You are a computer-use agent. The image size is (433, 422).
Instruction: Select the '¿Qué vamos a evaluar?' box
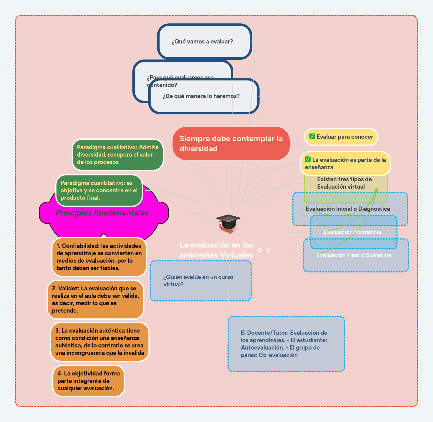click(x=205, y=42)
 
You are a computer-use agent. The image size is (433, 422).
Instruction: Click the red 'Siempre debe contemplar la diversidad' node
click(x=231, y=144)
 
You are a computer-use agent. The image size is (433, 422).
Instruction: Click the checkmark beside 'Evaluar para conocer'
click(x=312, y=136)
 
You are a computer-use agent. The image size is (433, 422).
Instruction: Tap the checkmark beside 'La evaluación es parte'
click(x=308, y=159)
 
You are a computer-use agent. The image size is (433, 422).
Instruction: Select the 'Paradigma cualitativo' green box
click(x=118, y=155)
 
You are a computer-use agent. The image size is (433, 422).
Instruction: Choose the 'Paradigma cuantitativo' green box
click(x=99, y=191)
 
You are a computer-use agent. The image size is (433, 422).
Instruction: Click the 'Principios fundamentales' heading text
click(x=102, y=213)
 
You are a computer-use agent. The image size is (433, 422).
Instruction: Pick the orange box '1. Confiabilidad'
click(x=99, y=257)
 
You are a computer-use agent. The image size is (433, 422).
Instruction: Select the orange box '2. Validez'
click(x=95, y=300)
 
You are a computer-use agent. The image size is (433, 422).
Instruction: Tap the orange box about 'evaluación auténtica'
click(x=100, y=342)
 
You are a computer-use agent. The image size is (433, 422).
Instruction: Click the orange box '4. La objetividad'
click(x=89, y=381)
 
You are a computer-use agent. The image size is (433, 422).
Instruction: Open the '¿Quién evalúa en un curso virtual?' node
click(x=201, y=281)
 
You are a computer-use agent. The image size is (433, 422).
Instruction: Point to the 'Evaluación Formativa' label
click(x=352, y=232)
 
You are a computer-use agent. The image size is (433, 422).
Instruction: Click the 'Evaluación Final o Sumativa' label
click(x=354, y=255)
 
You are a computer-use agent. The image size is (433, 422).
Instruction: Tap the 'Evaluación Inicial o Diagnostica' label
click(x=348, y=209)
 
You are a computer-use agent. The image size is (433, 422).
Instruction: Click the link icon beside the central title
click(x=269, y=250)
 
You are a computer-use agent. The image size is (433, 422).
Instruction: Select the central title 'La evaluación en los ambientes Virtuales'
click(x=216, y=250)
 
